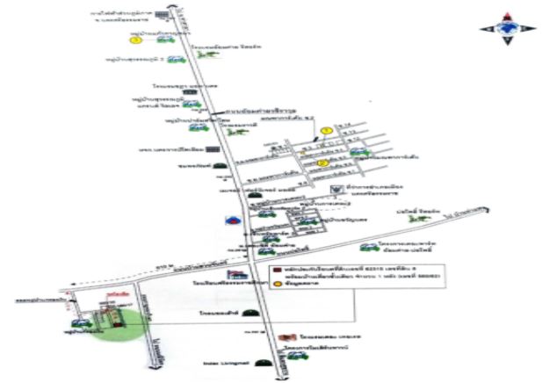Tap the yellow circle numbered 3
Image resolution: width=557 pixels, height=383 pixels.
coord(134,40)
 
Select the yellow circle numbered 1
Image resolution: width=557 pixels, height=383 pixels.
coord(326,131)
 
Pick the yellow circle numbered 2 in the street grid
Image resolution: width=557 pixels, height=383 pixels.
coord(322,162)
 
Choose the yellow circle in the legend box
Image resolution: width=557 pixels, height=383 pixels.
coord(276,283)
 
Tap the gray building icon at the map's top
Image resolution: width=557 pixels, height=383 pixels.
coord(162,16)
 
